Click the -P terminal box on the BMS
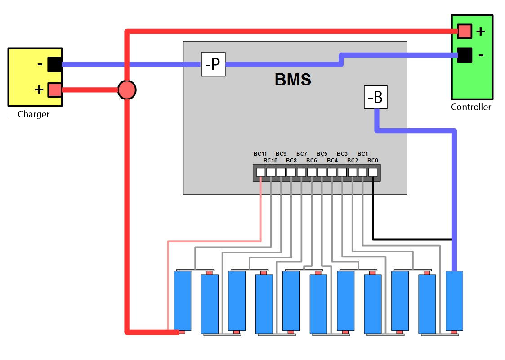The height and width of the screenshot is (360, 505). click(213, 64)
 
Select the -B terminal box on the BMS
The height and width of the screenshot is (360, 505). click(375, 97)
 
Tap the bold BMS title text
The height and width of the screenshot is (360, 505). click(293, 80)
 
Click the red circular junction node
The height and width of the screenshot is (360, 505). click(127, 90)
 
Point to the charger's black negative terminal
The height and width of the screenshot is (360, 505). click(54, 64)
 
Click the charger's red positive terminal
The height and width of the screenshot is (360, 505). click(54, 90)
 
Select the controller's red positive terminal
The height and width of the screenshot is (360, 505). click(465, 31)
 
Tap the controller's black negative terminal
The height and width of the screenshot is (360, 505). click(465, 55)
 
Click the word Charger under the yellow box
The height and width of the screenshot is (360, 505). click(34, 114)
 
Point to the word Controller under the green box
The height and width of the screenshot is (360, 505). click(471, 107)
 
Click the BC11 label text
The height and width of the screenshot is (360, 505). click(260, 154)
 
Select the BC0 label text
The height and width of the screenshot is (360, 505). click(373, 160)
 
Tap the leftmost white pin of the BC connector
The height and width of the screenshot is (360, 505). click(260, 172)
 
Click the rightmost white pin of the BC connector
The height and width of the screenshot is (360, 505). click(373, 172)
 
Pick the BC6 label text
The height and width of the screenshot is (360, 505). click(312, 160)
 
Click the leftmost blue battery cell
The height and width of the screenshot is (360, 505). click(183, 301)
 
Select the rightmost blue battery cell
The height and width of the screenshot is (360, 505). click(454, 301)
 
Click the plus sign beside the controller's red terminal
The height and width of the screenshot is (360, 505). click(481, 31)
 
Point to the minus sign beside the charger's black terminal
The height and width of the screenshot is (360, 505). click(40, 64)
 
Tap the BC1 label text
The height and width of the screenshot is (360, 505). click(363, 154)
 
